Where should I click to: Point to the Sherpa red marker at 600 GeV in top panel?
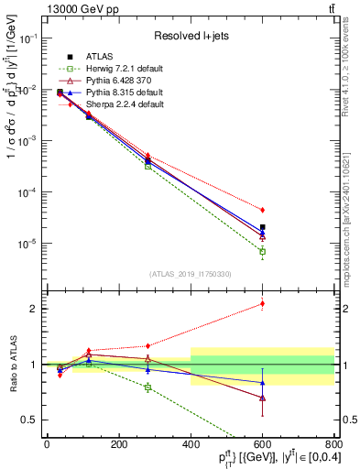pyautogui.click(x=262, y=210)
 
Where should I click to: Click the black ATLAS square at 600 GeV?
pyautogui.click(x=262, y=227)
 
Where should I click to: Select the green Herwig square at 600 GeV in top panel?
pyautogui.click(x=262, y=251)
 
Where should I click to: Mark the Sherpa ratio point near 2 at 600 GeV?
pyautogui.click(x=262, y=303)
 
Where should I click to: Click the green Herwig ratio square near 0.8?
pyautogui.click(x=147, y=387)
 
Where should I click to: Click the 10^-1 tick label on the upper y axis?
pyautogui.click(x=28, y=39)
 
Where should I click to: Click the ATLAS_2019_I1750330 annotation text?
pyautogui.click(x=191, y=274)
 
